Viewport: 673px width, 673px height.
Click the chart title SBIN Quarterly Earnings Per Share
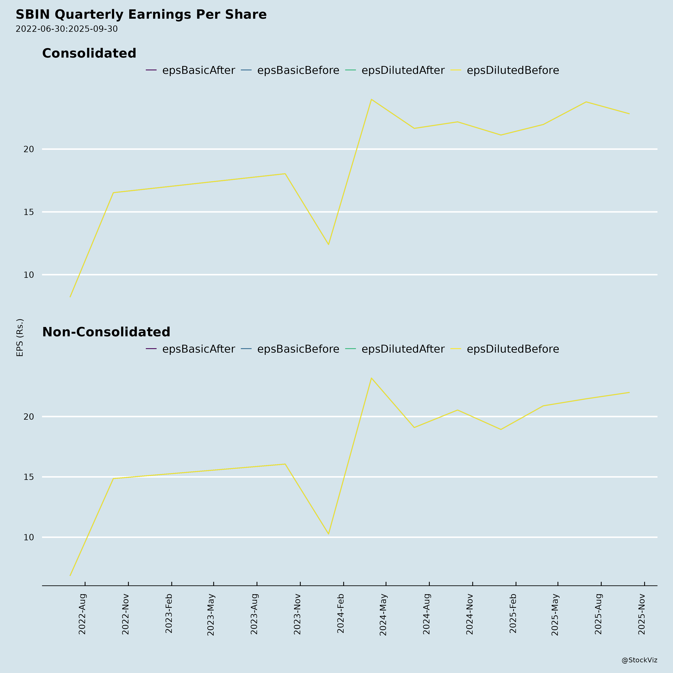tap(141, 15)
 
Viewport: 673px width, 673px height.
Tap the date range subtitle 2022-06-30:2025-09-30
tap(67, 29)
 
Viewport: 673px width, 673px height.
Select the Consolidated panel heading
tap(89, 53)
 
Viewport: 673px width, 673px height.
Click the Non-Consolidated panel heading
tap(106, 332)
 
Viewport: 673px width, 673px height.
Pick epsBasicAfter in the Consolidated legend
tap(198, 70)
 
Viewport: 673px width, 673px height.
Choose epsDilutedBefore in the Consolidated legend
tap(512, 70)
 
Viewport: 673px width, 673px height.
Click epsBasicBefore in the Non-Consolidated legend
tap(298, 349)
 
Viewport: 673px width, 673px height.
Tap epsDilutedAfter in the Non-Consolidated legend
tap(403, 349)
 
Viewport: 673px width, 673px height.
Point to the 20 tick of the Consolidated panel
tap(29, 149)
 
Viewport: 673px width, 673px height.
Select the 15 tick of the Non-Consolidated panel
tap(29, 477)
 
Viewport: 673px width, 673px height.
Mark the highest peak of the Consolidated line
tap(371, 99)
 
